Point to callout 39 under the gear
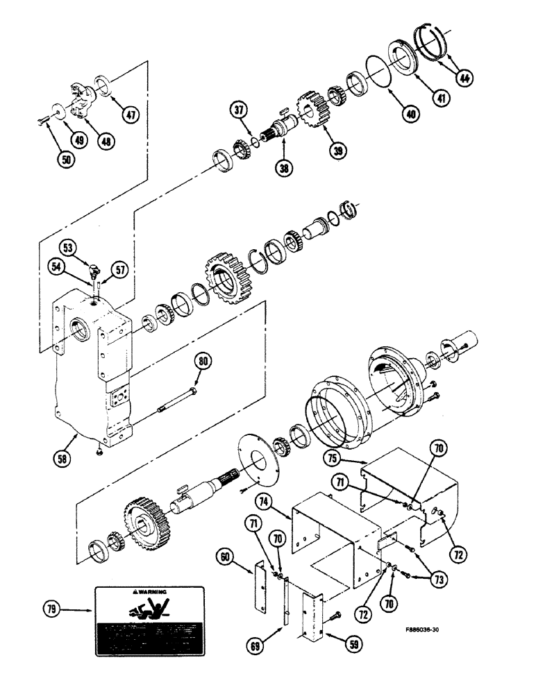[x=338, y=149]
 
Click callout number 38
[x=282, y=167]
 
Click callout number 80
[x=203, y=361]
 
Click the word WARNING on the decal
[x=151, y=592]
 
